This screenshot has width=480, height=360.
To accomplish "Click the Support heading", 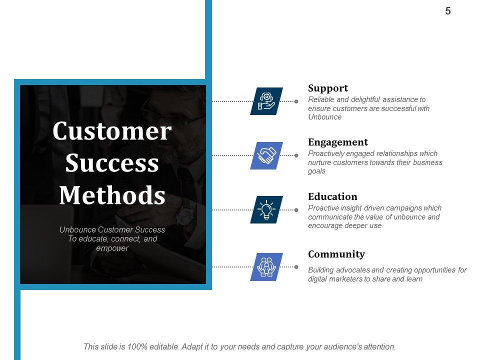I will click(327, 88).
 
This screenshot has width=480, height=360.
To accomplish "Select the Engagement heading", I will click(337, 142).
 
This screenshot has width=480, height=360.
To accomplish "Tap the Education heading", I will click(332, 196).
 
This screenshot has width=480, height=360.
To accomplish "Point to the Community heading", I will click(336, 254).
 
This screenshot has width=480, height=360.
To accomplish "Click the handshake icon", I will click(266, 155).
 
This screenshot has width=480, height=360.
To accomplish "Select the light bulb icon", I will click(266, 209).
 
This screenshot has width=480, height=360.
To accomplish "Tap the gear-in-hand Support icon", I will click(266, 101).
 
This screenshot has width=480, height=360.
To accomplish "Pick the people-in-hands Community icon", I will click(266, 266).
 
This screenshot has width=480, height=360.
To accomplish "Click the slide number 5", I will click(448, 11).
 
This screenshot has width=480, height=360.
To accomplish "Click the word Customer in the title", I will click(112, 131).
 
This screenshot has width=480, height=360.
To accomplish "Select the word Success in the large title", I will click(112, 163).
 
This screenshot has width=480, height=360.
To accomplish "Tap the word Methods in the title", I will click(112, 195).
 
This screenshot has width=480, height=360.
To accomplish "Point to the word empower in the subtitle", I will click(112, 248).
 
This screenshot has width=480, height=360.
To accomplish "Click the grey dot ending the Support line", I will click(296, 101).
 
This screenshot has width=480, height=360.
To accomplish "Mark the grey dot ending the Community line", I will click(296, 267).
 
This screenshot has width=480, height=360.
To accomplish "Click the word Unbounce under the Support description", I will click(324, 117).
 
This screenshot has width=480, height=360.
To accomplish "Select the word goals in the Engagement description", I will click(316, 171).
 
